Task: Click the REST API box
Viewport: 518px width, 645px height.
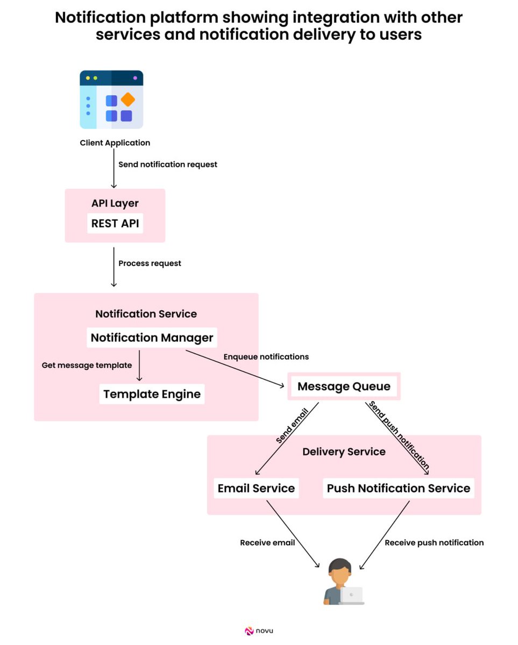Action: [x=115, y=223]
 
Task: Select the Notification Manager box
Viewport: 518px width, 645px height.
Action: [x=152, y=338]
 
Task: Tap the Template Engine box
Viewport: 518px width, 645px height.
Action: [x=152, y=394]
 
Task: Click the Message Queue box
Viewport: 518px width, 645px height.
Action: [x=344, y=386]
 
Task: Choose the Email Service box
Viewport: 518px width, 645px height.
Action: [x=256, y=488]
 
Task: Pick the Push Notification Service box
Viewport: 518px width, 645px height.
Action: [x=399, y=488]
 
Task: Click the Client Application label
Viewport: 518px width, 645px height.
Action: [x=115, y=143]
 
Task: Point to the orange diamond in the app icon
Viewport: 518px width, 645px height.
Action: [x=128, y=99]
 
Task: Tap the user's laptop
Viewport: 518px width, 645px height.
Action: [x=352, y=595]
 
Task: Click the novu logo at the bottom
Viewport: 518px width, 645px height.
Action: [x=259, y=631]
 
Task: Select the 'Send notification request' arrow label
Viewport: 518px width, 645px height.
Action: [x=168, y=164]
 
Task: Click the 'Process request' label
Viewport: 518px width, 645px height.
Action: [x=150, y=263]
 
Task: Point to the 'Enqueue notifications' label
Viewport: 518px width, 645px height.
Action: [x=266, y=357]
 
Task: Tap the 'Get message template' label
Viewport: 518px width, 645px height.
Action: [x=87, y=365]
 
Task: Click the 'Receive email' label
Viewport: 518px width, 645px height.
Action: [x=267, y=542]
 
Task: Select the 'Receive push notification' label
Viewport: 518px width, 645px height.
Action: [x=434, y=543]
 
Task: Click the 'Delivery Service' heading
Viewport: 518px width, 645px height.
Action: [x=344, y=451]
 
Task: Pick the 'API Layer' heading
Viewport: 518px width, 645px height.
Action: [x=115, y=203]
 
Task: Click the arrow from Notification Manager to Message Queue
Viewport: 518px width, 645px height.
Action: [x=235, y=368]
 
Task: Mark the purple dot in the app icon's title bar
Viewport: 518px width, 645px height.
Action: [x=135, y=78]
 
